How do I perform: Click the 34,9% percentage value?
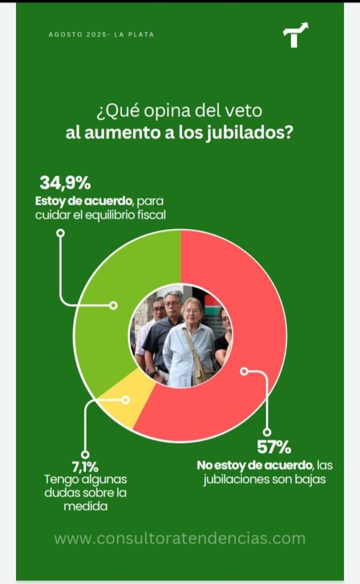tap(64, 184)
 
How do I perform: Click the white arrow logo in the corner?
tap(296, 35)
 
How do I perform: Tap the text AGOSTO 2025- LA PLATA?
tap(101, 35)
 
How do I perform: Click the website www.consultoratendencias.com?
tap(180, 538)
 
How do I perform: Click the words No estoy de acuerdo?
tap(255, 465)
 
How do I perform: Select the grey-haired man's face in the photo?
tap(173, 302)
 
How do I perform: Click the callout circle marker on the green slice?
tap(113, 306)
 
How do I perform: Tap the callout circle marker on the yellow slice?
tap(126, 400)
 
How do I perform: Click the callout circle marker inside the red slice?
tap(244, 371)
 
